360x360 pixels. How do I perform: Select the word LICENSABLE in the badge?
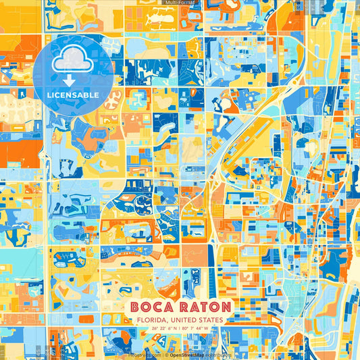pos(73,95)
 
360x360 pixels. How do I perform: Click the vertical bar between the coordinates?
pos(180,330)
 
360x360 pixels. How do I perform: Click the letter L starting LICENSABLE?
pos(49,95)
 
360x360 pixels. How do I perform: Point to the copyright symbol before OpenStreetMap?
pos(167,354)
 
